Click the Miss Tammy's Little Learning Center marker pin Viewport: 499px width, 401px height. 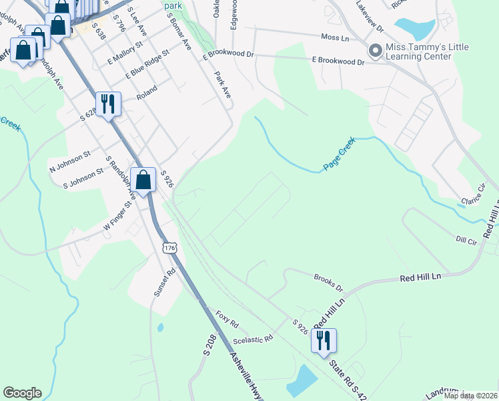click(x=375, y=50)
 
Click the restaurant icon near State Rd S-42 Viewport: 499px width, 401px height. click(x=324, y=340)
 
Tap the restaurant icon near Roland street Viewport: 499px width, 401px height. click(x=108, y=104)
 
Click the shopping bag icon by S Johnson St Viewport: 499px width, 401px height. click(x=143, y=179)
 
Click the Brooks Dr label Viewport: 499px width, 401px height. click(x=328, y=281)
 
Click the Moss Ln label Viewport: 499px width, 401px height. click(x=335, y=38)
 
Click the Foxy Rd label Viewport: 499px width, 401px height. click(x=227, y=318)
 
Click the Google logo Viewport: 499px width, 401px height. click(x=22, y=393)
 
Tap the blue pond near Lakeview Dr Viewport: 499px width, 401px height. click(x=414, y=27)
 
